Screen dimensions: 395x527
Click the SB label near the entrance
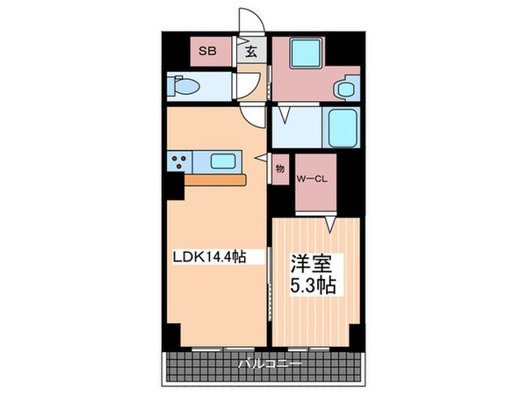pyautogui.click(x=206, y=51)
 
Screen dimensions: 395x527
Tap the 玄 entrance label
pyautogui.click(x=250, y=51)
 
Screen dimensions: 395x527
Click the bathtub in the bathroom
pyautogui.click(x=340, y=128)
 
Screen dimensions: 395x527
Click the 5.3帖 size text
pyautogui.click(x=313, y=285)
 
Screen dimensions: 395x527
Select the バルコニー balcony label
pyautogui.click(x=269, y=363)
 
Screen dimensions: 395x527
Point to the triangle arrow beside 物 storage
pyautogui.click(x=260, y=157)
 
